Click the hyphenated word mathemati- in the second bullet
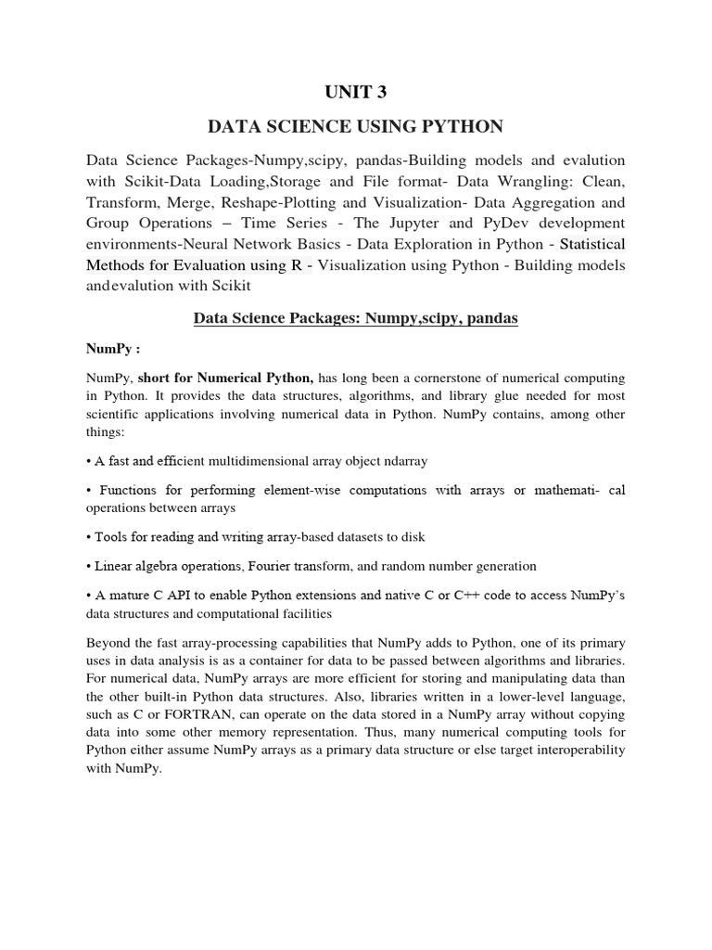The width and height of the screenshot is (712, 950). [x=567, y=491]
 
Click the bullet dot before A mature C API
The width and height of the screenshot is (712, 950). [x=88, y=595]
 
